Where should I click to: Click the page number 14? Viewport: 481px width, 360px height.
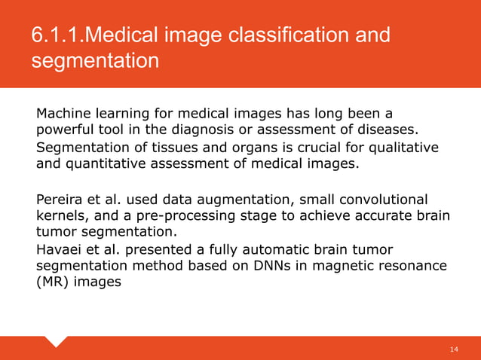[454, 349]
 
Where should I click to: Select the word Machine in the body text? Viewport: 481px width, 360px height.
[63, 114]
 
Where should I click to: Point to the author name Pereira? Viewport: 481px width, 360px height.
[58, 200]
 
